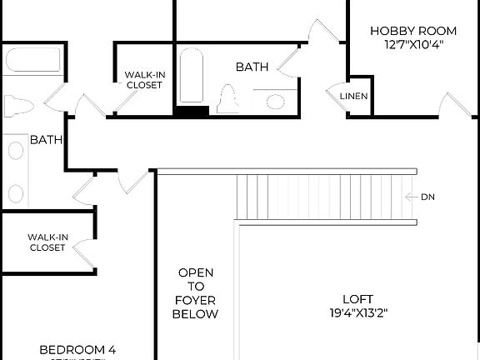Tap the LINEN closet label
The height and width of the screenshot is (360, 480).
click(354, 97)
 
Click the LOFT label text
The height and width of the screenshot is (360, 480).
click(357, 299)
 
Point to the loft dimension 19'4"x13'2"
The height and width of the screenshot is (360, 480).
click(357, 313)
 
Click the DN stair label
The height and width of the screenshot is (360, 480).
click(427, 197)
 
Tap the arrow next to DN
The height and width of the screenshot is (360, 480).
click(411, 197)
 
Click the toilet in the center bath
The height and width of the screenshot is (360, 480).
click(228, 98)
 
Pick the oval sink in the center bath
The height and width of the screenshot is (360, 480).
click(276, 102)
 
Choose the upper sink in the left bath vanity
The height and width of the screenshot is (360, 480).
click(16, 152)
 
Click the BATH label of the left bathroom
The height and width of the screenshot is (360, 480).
click(47, 140)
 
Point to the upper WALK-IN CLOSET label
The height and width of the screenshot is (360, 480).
click(145, 79)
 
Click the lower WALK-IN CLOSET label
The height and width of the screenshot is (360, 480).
click(47, 242)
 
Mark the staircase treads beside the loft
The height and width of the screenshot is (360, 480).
click(325, 197)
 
